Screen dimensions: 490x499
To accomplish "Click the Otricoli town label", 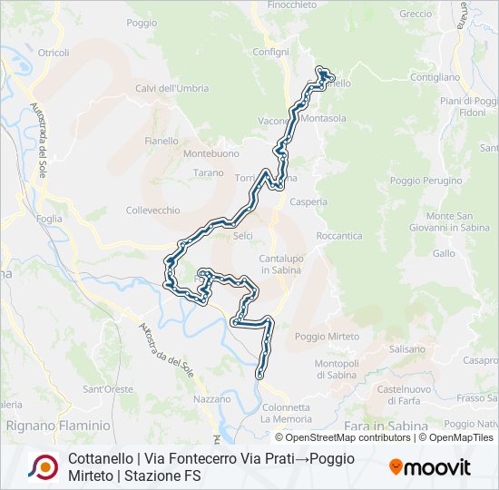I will (53, 53).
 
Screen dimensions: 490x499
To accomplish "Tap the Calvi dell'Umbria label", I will (171, 88).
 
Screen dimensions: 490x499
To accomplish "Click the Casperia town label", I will (308, 202).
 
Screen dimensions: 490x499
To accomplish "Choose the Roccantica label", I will (338, 236).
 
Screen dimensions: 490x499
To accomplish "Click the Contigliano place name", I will (435, 78).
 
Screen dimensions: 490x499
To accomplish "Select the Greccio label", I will (416, 15).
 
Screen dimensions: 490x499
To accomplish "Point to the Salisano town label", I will (406, 348).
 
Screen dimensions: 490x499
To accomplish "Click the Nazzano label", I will (211, 399).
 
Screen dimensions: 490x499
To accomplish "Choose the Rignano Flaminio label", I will (57, 425).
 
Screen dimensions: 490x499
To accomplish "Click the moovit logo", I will (430, 467).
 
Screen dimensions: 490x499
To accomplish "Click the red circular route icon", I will (43, 466).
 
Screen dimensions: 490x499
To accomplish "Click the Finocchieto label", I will (292, 5).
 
